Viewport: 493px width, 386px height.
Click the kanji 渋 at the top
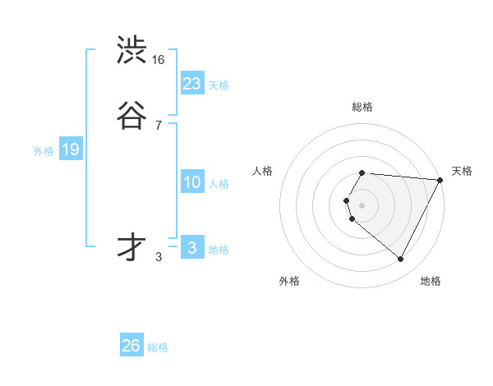tap(131, 51)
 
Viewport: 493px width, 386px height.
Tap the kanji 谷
tap(131, 117)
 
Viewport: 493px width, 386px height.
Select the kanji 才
tap(131, 247)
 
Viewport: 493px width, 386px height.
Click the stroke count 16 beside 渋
tap(159, 60)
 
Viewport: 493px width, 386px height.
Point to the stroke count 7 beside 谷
tap(158, 126)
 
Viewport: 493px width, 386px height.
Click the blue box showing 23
tap(191, 84)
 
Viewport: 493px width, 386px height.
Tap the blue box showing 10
tap(191, 183)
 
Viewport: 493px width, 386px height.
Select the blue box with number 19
tap(71, 149)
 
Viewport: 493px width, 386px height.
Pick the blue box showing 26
tap(131, 346)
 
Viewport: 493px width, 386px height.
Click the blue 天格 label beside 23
tap(219, 85)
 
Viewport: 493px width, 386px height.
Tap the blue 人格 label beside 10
tap(219, 184)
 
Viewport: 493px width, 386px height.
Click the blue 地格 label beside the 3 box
tap(219, 250)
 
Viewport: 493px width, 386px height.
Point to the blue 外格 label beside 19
tap(44, 151)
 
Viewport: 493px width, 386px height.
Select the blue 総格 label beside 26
tap(158, 347)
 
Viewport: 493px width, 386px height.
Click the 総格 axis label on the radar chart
tap(362, 107)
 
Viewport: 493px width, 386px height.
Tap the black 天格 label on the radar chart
tap(462, 171)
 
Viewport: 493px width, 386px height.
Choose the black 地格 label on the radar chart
tap(431, 281)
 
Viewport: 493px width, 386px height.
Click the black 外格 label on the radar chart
tap(289, 281)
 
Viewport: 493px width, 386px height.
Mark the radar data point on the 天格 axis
tap(440, 179)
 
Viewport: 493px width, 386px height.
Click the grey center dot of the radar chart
tap(362, 204)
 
